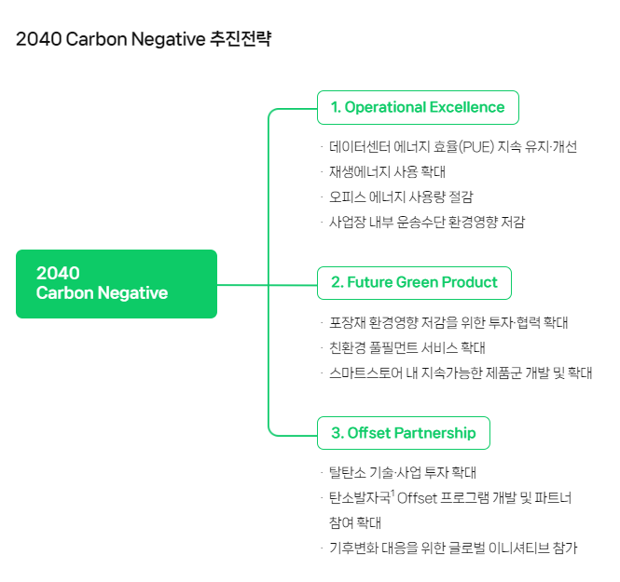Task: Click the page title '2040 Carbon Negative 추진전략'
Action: (x=144, y=40)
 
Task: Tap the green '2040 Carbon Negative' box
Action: (x=117, y=283)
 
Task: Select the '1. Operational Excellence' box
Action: (x=418, y=107)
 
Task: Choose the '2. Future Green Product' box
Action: (x=415, y=281)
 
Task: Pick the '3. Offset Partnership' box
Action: (x=404, y=433)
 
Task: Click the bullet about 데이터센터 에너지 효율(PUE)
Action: (x=453, y=147)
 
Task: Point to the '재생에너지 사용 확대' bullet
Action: (x=388, y=172)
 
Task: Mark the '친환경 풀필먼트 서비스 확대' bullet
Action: (x=407, y=348)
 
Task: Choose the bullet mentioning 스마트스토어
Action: (x=461, y=373)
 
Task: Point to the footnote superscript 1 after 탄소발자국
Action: (x=393, y=493)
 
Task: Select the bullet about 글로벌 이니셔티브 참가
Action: (x=453, y=548)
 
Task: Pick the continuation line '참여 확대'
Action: (x=355, y=522)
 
